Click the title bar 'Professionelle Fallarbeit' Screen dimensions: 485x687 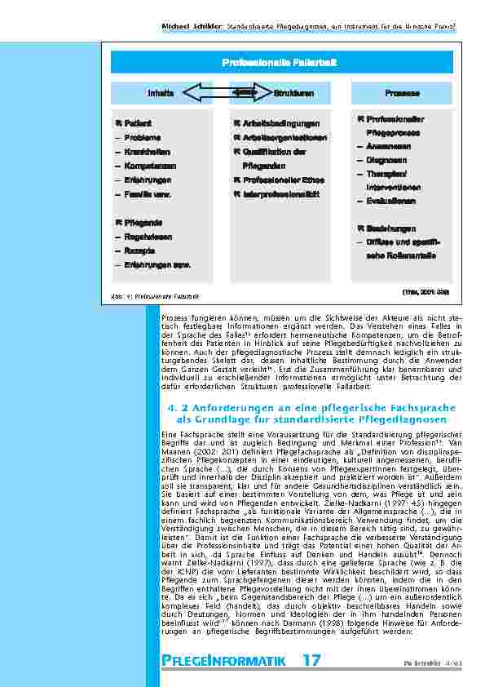tap(280, 63)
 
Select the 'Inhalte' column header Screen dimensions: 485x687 tap(161, 94)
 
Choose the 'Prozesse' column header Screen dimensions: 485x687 tap(401, 94)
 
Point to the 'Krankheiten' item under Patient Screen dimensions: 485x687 tap(142, 152)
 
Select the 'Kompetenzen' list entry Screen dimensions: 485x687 tap(145, 166)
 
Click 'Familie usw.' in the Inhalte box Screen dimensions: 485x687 tap(148, 194)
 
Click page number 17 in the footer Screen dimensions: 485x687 tap(311, 659)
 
